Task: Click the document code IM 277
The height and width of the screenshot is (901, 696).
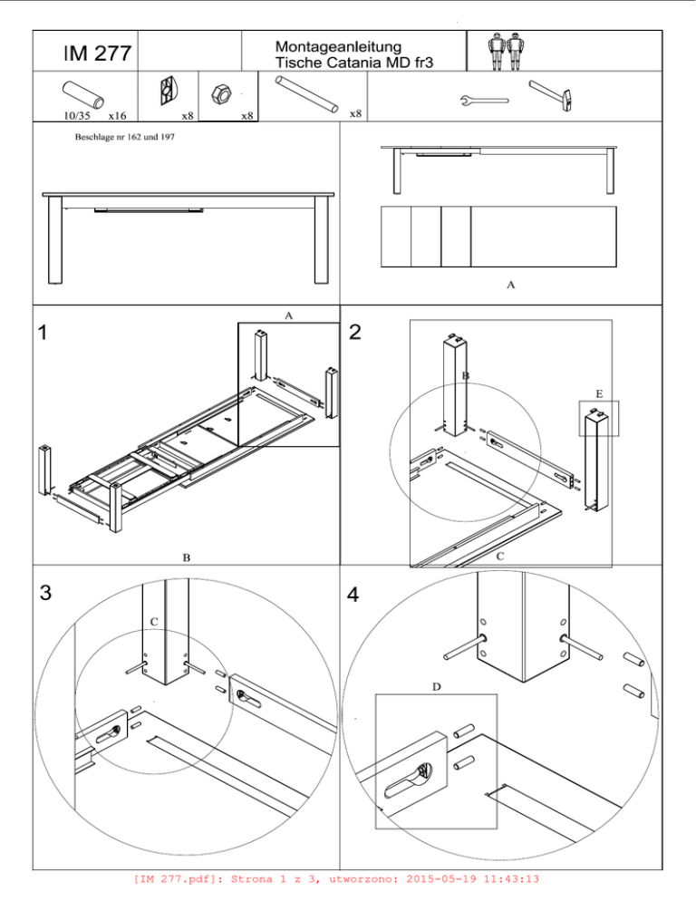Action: [x=97, y=53]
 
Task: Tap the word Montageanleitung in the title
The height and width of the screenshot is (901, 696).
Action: [x=338, y=46]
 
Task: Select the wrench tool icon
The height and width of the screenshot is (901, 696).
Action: [x=484, y=102]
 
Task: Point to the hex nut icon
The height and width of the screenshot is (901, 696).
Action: [x=221, y=93]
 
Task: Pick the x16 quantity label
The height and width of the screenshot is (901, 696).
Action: [x=117, y=115]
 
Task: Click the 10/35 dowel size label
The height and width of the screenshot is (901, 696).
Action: [x=76, y=115]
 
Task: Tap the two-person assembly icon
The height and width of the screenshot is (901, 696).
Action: [x=505, y=51]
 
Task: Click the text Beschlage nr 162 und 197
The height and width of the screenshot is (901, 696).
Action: [x=125, y=138]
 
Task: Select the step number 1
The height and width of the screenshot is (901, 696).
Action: [x=42, y=332]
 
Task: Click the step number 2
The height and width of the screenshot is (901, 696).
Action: [x=355, y=332]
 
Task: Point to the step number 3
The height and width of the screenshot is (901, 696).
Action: [x=45, y=593]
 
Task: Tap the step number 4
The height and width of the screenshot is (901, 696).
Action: [x=353, y=594]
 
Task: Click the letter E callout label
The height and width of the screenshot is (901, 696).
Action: [x=599, y=394]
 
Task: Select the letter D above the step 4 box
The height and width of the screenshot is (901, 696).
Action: [x=436, y=687]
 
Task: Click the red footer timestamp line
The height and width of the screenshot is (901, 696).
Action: [x=336, y=879]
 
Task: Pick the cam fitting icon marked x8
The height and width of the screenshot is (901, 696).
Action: [x=168, y=92]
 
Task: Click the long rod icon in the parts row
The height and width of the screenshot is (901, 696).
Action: [x=306, y=94]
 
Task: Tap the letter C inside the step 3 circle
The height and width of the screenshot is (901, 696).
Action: [x=153, y=623]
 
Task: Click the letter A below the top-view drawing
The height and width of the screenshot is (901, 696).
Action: [x=510, y=285]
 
